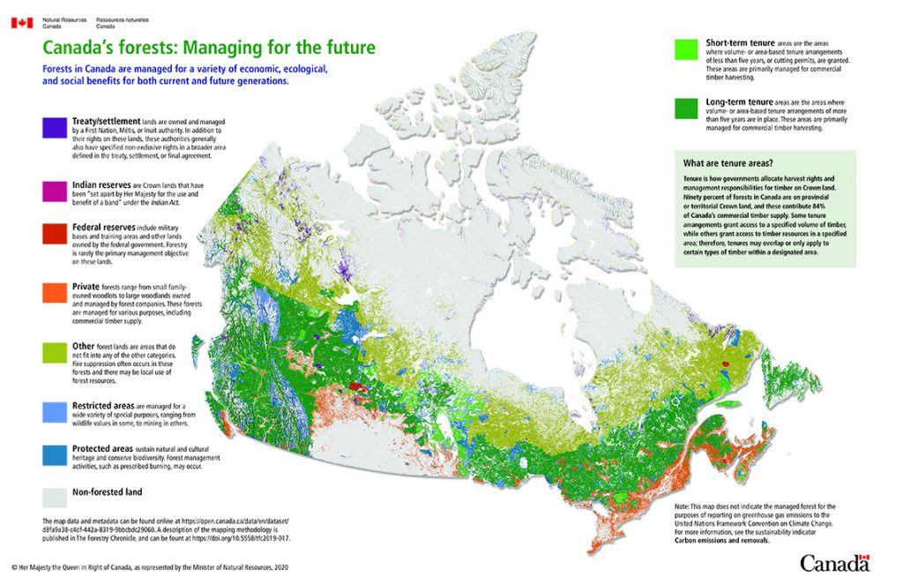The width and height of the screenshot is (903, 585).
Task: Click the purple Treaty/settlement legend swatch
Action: point(55,128)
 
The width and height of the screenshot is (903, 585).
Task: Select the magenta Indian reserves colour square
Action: point(55,192)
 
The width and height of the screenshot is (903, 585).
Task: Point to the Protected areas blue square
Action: point(55,454)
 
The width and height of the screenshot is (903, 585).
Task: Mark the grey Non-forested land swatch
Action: point(55,494)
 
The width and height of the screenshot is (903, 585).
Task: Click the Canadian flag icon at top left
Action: point(22,22)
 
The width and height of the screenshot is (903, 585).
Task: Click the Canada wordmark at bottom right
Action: point(834,562)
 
